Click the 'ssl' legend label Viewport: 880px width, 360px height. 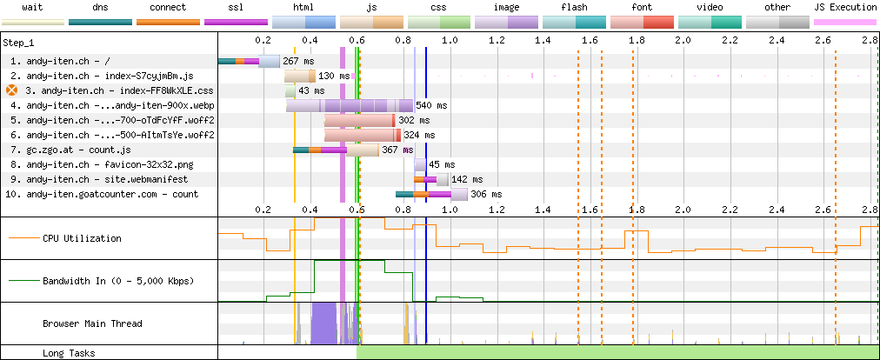tap(236, 8)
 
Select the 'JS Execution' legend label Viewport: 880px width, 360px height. tap(844, 8)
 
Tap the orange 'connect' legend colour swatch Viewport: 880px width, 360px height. tap(168, 22)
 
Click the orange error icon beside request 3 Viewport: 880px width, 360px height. tap(12, 90)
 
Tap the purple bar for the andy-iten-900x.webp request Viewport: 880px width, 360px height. tap(350, 105)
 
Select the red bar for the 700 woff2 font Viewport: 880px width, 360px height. tap(360, 120)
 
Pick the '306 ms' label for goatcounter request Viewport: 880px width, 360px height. tap(486, 194)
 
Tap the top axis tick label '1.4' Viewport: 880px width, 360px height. tap(543, 41)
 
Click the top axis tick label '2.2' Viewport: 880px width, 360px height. tap(730, 41)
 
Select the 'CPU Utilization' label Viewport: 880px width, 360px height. tap(82, 238)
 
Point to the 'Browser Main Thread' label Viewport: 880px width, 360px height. tap(92, 323)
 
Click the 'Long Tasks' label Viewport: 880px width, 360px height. tap(69, 353)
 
